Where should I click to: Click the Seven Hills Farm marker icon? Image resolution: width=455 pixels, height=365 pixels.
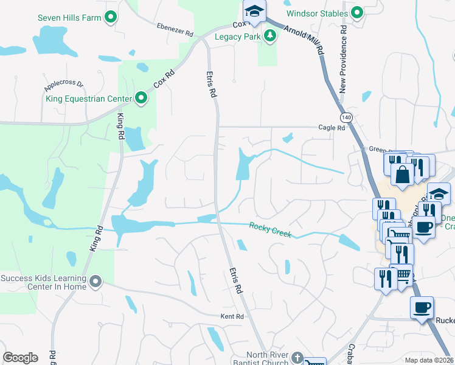[x=111, y=18]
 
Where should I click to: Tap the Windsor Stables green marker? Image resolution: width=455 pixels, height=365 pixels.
[x=357, y=13]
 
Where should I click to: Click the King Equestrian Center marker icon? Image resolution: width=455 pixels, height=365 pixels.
[x=141, y=98]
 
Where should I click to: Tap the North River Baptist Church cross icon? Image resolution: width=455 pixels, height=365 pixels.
[x=297, y=357]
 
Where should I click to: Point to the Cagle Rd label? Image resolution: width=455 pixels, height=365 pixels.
[x=332, y=128]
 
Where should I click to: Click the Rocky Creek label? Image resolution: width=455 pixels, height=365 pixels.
[x=270, y=230]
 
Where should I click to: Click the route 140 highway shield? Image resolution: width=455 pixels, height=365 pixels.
[x=346, y=117]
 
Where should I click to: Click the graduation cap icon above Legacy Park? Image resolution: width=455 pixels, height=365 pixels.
[x=255, y=11]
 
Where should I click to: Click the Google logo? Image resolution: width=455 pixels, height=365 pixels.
[x=19, y=358]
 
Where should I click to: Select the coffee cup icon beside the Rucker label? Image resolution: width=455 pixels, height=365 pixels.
[x=422, y=308]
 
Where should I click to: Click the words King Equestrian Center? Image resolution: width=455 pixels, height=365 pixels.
[x=89, y=99]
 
